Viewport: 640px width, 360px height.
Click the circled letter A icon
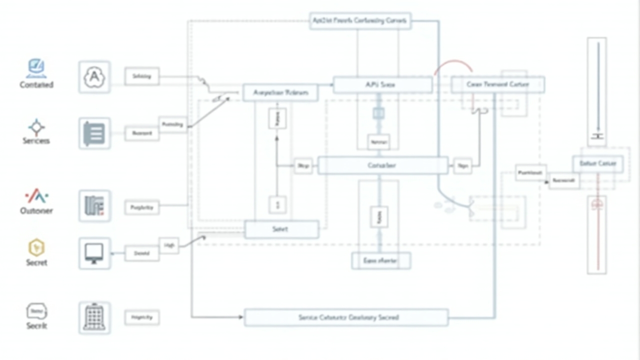click(x=94, y=77)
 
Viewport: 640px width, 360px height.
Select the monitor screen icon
click(x=94, y=253)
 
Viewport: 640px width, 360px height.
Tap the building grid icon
click(x=94, y=317)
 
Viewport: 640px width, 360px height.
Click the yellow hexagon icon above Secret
click(x=36, y=247)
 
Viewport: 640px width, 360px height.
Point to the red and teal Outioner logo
click(x=36, y=196)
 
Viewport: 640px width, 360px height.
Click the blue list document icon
click(x=94, y=133)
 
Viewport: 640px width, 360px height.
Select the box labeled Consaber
click(x=382, y=165)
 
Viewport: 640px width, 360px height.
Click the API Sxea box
click(x=382, y=85)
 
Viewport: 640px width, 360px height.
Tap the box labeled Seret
click(x=281, y=229)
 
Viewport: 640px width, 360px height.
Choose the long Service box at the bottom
click(x=345, y=317)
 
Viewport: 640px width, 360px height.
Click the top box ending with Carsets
click(x=360, y=21)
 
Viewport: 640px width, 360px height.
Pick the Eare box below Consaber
click(x=381, y=260)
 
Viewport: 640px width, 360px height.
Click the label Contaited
click(x=36, y=85)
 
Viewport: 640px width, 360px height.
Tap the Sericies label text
click(x=36, y=141)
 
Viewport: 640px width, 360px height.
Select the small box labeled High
click(x=169, y=245)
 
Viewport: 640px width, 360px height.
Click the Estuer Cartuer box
click(x=597, y=163)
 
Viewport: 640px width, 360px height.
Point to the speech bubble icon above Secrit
click(x=36, y=311)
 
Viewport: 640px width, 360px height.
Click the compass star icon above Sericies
click(x=36, y=127)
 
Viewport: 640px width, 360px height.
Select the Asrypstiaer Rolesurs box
click(x=280, y=93)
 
